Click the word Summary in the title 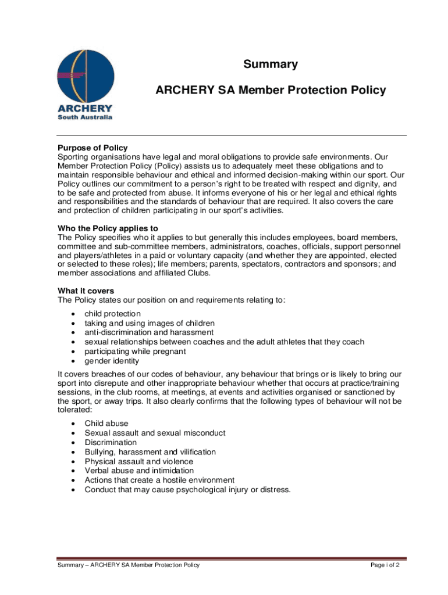pyautogui.click(x=271, y=64)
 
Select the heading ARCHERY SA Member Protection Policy pyautogui.click(x=271, y=90)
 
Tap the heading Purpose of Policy pyautogui.click(x=93, y=148)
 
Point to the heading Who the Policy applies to pyautogui.click(x=108, y=228)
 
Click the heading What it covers pyautogui.click(x=86, y=291)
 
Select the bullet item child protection pyautogui.click(x=113, y=314)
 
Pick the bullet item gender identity pyautogui.click(x=112, y=361)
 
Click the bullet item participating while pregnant pyautogui.click(x=136, y=352)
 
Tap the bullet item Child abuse pyautogui.click(x=106, y=424)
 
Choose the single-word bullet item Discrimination pyautogui.click(x=111, y=442)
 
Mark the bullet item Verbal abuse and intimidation pyautogui.click(x=140, y=471)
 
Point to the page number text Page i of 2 pyautogui.click(x=385, y=565)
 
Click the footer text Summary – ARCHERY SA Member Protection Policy pyautogui.click(x=128, y=565)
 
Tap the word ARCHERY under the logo pyautogui.click(x=85, y=109)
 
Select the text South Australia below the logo pyautogui.click(x=85, y=117)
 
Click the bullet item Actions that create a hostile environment pyautogui.click(x=159, y=480)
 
